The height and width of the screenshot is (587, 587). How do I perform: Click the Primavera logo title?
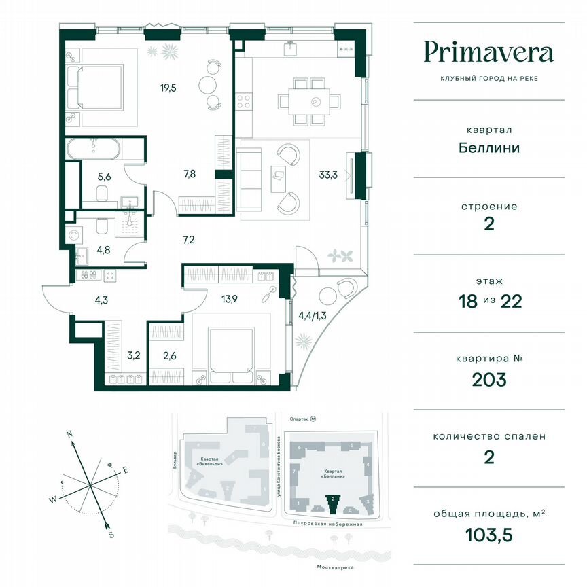tap(488, 52)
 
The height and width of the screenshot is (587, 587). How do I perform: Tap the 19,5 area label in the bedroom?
tap(160, 87)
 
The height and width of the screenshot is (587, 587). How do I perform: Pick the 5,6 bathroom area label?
tap(104, 177)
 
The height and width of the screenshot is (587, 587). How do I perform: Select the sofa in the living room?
tap(250, 179)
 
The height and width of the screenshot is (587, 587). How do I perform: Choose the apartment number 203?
tap(488, 379)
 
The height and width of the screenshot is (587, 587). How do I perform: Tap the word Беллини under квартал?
tap(488, 147)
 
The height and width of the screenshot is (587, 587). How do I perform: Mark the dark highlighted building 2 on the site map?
tap(333, 503)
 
